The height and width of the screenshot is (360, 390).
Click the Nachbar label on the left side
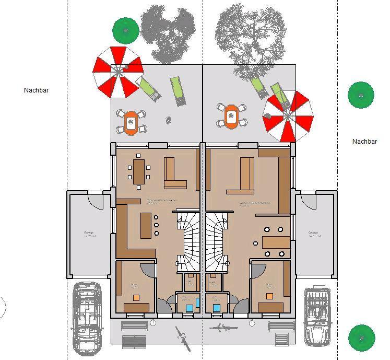coord(36,90)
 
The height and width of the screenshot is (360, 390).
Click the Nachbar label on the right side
coord(364,142)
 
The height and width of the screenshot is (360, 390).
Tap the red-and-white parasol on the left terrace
coord(117,72)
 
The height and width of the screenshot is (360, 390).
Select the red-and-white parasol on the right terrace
coord(288,115)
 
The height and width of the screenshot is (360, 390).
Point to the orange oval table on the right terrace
coord(231,116)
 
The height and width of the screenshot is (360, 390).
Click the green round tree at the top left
coord(126,30)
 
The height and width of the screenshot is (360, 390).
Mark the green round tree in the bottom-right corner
coord(362,338)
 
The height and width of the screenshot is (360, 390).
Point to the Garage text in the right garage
coord(313,234)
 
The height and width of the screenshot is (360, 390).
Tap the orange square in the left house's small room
coord(136,297)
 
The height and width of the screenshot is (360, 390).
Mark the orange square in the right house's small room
coord(269,296)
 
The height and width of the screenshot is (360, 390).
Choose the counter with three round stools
coord(146,225)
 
